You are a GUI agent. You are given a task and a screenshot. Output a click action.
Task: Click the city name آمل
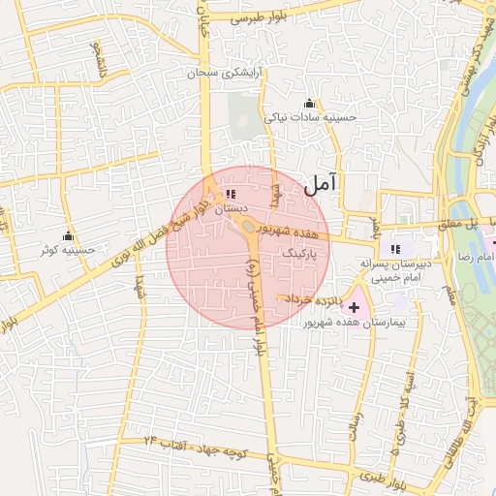322,182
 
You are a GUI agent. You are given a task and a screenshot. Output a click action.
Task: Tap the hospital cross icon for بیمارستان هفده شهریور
353,307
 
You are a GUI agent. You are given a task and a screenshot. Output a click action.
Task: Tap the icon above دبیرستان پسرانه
395,248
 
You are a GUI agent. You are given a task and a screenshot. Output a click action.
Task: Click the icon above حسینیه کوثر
68,236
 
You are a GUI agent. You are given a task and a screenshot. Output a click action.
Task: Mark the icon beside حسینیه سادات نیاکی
309,104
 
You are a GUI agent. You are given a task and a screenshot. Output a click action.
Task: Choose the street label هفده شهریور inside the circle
287,232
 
